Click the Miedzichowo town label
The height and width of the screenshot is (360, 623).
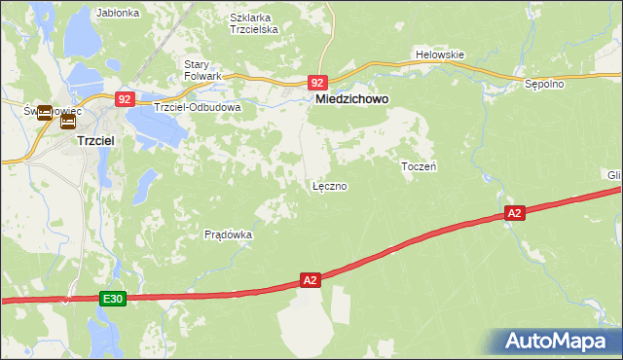[x=350, y=99]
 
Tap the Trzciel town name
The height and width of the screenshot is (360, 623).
[x=97, y=140]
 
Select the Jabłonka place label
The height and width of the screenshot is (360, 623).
[x=119, y=14]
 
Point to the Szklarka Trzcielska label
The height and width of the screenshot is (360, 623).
[x=254, y=23]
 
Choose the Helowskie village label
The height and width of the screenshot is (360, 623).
[x=440, y=54]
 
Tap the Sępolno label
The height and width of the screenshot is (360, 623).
[x=544, y=85]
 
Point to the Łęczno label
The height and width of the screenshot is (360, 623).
[x=329, y=186]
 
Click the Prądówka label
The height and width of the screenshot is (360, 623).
[x=229, y=234]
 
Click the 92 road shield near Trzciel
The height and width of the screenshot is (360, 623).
[x=125, y=98]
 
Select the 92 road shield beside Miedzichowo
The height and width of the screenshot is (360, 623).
[x=318, y=84]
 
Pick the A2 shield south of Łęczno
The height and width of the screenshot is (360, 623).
[x=310, y=280]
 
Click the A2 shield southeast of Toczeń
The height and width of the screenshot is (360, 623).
[x=515, y=212]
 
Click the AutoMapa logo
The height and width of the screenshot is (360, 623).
[x=556, y=342]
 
